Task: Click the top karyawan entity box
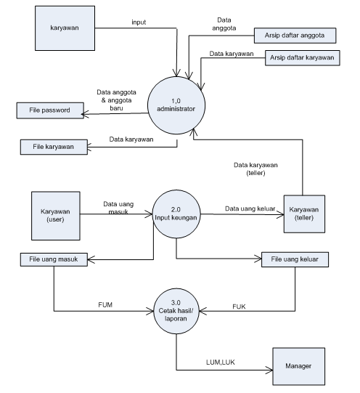pos(65,28)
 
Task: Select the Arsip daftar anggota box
pos(295,36)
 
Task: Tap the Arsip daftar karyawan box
pos(303,58)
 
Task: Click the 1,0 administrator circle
pos(176,105)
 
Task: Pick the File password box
pos(50,110)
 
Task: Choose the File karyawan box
pos(54,147)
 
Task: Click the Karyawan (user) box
pos(56,216)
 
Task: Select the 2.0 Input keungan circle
pos(176,214)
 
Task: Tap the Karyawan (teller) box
pos(304,214)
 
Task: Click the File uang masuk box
pos(54,259)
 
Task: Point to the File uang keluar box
pos(295,259)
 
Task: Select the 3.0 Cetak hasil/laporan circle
pos(176,311)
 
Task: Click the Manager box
pos(298,366)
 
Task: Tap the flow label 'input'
pos(139,23)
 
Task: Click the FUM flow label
pos(105,305)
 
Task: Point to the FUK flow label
pos(239,307)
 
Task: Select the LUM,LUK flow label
pos(221,362)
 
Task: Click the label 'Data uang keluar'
pos(250,208)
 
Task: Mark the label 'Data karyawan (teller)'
pos(255,169)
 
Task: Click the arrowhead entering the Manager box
pos(270,370)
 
